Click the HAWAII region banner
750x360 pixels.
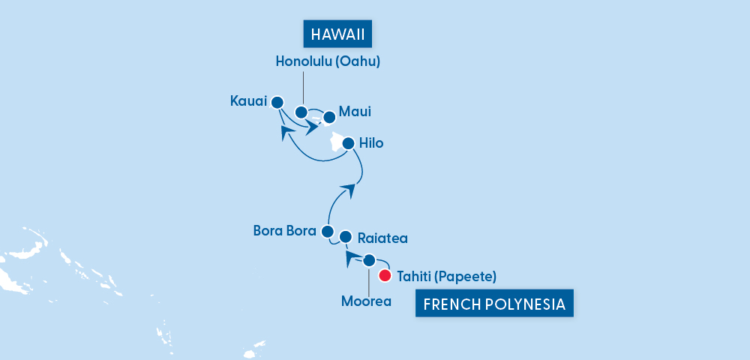(337, 34)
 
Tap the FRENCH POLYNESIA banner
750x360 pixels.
(494, 305)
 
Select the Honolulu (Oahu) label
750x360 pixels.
(327, 62)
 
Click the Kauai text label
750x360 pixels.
(247, 100)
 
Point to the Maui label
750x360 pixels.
(355, 112)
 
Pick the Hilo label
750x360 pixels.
(371, 142)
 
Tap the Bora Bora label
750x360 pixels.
(284, 230)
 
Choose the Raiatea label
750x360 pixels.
(382, 238)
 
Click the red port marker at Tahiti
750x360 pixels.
(385, 276)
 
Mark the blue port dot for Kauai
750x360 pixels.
(277, 102)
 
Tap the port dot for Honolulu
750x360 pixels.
(301, 112)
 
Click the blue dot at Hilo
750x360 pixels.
(348, 142)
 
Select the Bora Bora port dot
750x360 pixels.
(327, 231)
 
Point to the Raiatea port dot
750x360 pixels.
(346, 237)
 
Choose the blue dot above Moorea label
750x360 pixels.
(369, 261)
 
